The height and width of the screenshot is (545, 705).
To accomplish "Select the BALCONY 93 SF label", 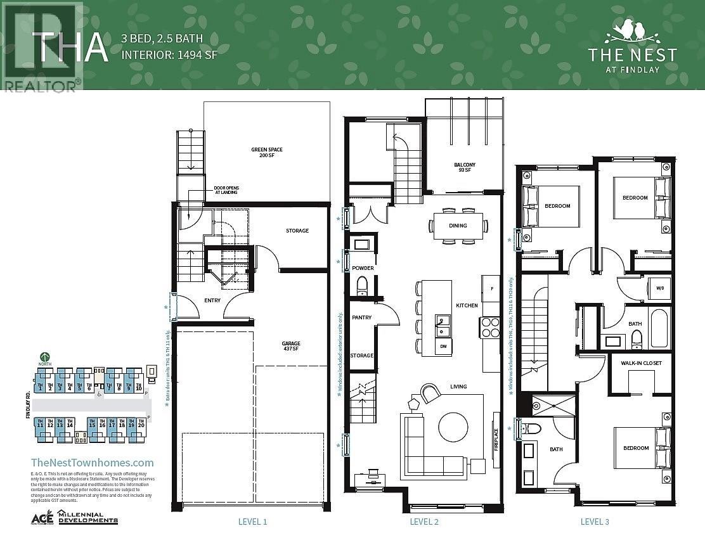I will click(464, 167).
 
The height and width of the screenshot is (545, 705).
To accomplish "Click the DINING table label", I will click(458, 226).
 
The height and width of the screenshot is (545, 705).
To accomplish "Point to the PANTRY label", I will click(361, 317).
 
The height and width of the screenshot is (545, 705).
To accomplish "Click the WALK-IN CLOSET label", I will click(640, 363).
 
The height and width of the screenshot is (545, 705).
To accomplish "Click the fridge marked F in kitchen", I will click(491, 289).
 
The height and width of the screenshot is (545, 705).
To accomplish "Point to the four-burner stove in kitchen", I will click(490, 327).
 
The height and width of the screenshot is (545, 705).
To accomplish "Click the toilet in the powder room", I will click(363, 286).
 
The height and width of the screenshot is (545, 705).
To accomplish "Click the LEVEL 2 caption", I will click(424, 522).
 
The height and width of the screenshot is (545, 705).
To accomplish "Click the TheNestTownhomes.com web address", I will click(93, 463).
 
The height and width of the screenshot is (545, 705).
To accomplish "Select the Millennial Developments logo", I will click(87, 517).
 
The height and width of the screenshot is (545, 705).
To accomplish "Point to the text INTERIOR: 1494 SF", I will click(169, 54).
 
